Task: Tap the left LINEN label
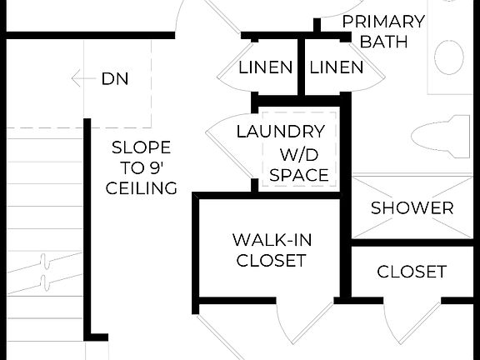266,67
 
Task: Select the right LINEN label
337,67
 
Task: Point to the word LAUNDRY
280,132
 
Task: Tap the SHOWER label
412,207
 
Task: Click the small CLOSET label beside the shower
412,272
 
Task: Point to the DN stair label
115,79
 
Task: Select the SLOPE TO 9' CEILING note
142,167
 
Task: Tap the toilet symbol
442,137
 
